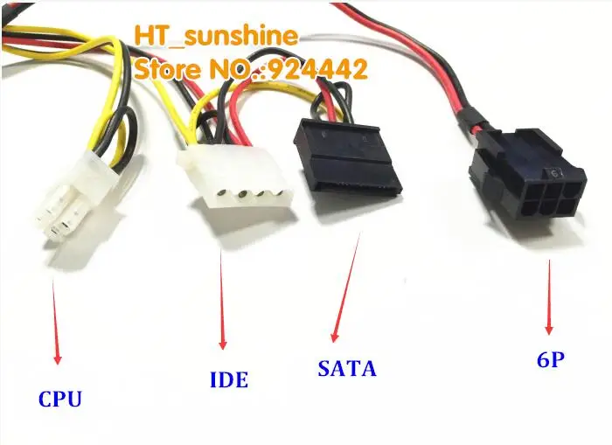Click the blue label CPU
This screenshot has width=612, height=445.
click(60, 399)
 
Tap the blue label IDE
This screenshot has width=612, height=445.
click(228, 379)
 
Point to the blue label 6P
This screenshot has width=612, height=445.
click(547, 358)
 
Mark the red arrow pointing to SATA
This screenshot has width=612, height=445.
click(344, 289)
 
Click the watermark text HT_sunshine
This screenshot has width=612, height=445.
click(216, 37)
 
